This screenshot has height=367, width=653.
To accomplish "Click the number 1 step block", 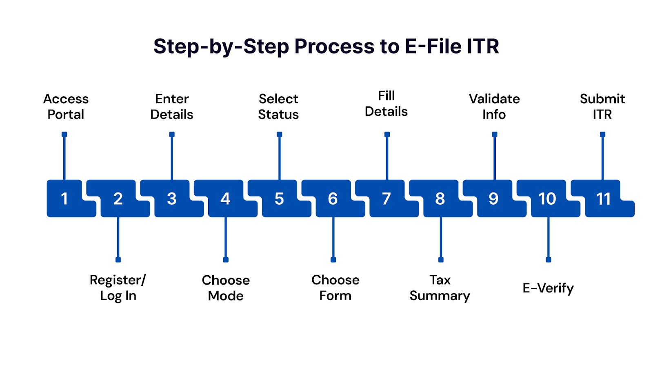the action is (65, 199).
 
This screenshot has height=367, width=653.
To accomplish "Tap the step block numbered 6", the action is (333, 199).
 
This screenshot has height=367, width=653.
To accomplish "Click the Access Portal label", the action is (66, 106).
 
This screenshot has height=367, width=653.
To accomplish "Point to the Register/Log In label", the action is (118, 288).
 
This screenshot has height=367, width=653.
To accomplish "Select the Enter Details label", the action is (172, 106).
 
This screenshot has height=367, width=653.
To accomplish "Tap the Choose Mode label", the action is (226, 288).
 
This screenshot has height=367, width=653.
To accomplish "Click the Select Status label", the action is (278, 106).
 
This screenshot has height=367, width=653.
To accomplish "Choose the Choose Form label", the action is (335, 288).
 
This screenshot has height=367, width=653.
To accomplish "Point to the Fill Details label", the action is (386, 104).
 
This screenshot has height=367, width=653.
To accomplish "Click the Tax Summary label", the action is (440, 288).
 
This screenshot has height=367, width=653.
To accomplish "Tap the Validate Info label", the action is (494, 106).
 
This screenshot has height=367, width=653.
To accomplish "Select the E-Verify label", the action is (548, 288).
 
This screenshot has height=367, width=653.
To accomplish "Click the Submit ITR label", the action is (602, 106).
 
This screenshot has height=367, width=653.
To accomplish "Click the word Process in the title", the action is (334, 46).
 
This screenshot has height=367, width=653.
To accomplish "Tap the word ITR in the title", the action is (482, 46).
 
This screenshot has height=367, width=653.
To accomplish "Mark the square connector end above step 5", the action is (280, 134).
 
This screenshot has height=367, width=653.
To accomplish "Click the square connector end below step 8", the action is (441, 260).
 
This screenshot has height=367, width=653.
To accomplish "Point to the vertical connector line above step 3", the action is (172, 158).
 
